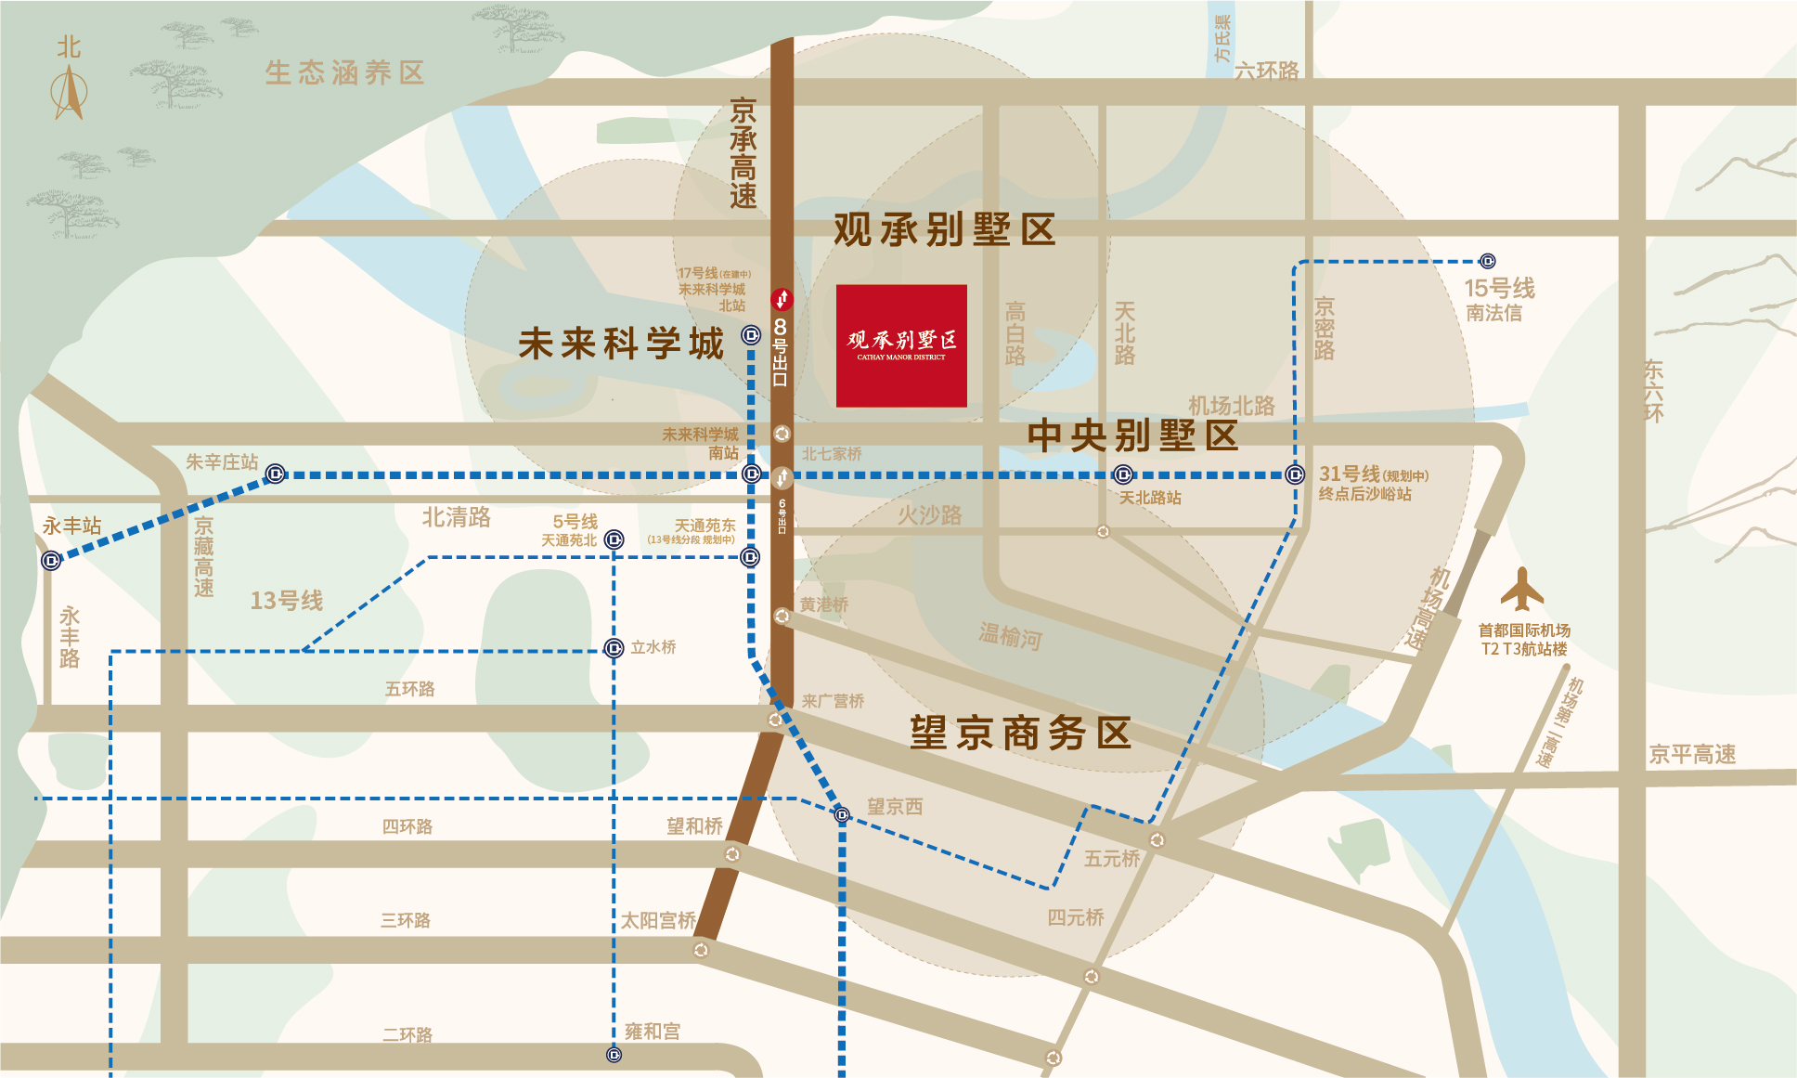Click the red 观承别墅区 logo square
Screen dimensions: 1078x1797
tap(901, 345)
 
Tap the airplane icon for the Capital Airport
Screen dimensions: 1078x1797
tap(1521, 590)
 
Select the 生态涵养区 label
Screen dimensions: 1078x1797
tap(344, 72)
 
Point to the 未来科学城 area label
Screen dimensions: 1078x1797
tap(620, 344)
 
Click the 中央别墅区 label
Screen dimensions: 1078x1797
tap(1132, 435)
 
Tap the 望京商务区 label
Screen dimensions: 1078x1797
tap(1020, 734)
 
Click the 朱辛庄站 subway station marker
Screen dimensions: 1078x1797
tap(275, 474)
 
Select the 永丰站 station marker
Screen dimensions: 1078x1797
tap(51, 560)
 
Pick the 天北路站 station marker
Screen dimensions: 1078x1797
tap(1123, 474)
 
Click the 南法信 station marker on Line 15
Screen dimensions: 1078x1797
tap(1487, 261)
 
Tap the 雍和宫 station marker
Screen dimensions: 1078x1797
tap(614, 1055)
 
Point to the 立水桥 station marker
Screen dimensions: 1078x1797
tap(614, 648)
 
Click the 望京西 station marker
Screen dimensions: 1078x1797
tap(842, 814)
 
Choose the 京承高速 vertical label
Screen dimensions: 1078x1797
tap(743, 153)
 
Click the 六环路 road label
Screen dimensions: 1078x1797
tap(1266, 71)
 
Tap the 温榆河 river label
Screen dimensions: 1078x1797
tap(1010, 636)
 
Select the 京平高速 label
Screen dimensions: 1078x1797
tap(1691, 754)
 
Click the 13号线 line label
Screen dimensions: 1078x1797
tap(287, 601)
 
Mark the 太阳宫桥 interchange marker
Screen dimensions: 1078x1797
tap(701, 950)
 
